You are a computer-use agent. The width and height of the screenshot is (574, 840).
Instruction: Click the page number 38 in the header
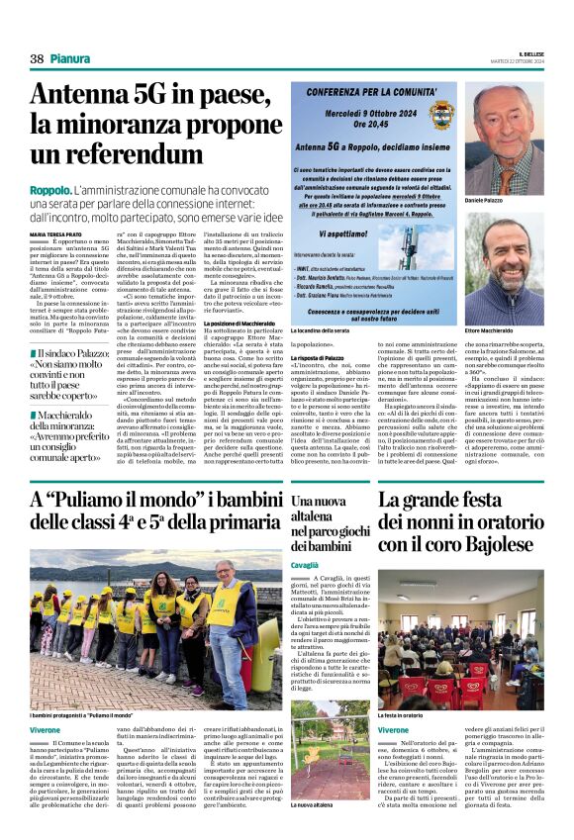point(38,58)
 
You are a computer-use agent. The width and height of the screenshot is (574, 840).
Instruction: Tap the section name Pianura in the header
point(72,58)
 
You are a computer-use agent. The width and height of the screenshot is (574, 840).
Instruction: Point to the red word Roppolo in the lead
point(49,188)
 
